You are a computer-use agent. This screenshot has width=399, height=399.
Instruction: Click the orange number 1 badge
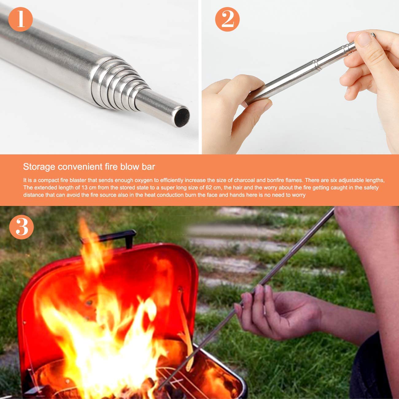pos(21,19)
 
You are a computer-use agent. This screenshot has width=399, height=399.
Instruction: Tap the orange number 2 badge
pos(227,19)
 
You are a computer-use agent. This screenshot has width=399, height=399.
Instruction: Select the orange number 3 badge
pos(21,227)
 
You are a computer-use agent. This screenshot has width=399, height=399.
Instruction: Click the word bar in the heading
pos(149,167)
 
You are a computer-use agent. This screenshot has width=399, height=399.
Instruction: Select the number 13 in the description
pos(87,188)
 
